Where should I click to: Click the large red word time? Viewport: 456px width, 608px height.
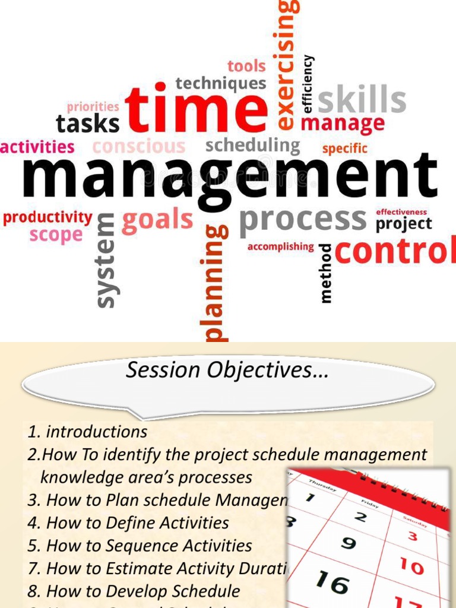point(196,109)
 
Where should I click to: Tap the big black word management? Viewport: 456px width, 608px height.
point(229,178)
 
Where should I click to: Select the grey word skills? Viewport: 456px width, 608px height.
point(362,100)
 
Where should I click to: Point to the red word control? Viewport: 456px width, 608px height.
point(395,252)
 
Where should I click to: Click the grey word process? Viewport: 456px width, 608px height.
point(303,220)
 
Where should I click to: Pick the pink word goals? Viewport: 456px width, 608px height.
point(157,220)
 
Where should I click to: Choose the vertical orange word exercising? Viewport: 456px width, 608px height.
point(286,65)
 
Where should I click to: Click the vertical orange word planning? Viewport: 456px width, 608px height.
point(214,283)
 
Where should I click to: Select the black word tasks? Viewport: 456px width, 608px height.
point(87,124)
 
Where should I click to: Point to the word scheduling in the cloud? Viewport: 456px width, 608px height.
point(253,145)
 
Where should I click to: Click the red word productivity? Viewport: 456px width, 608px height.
point(47,217)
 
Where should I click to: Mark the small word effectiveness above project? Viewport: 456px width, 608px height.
point(401,212)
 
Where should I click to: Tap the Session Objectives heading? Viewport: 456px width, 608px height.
point(227,371)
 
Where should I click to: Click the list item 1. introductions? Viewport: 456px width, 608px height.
point(88,432)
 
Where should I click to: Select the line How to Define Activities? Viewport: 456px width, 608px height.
point(137,523)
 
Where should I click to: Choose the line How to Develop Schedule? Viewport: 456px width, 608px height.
point(143,591)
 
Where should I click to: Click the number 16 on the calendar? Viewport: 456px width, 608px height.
point(332,582)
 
